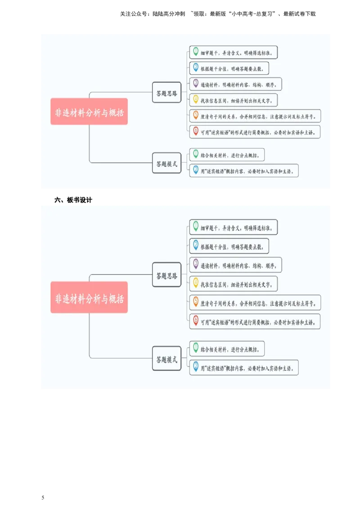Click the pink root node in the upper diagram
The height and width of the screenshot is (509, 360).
(89, 112)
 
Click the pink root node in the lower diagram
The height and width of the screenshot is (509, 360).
(89, 297)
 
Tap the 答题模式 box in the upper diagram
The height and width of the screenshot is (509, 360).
(166, 163)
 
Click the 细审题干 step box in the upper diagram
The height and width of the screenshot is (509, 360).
(234, 52)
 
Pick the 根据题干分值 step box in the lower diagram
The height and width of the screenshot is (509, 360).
(229, 246)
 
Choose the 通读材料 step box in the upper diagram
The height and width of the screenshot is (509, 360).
(236, 84)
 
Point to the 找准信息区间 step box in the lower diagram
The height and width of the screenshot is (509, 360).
(234, 284)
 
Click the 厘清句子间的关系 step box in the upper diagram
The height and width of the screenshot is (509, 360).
(255, 116)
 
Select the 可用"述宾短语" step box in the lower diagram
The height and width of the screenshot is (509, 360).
(255, 321)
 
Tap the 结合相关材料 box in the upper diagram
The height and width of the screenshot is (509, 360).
(227, 155)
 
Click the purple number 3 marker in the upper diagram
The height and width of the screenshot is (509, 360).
(196, 83)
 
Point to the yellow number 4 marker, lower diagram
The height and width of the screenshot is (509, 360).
(196, 282)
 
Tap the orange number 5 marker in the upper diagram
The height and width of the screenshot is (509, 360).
(196, 115)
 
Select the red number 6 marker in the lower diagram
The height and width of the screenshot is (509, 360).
(196, 320)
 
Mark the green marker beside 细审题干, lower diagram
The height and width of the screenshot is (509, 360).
(196, 226)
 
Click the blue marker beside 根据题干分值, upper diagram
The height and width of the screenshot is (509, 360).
(196, 67)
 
